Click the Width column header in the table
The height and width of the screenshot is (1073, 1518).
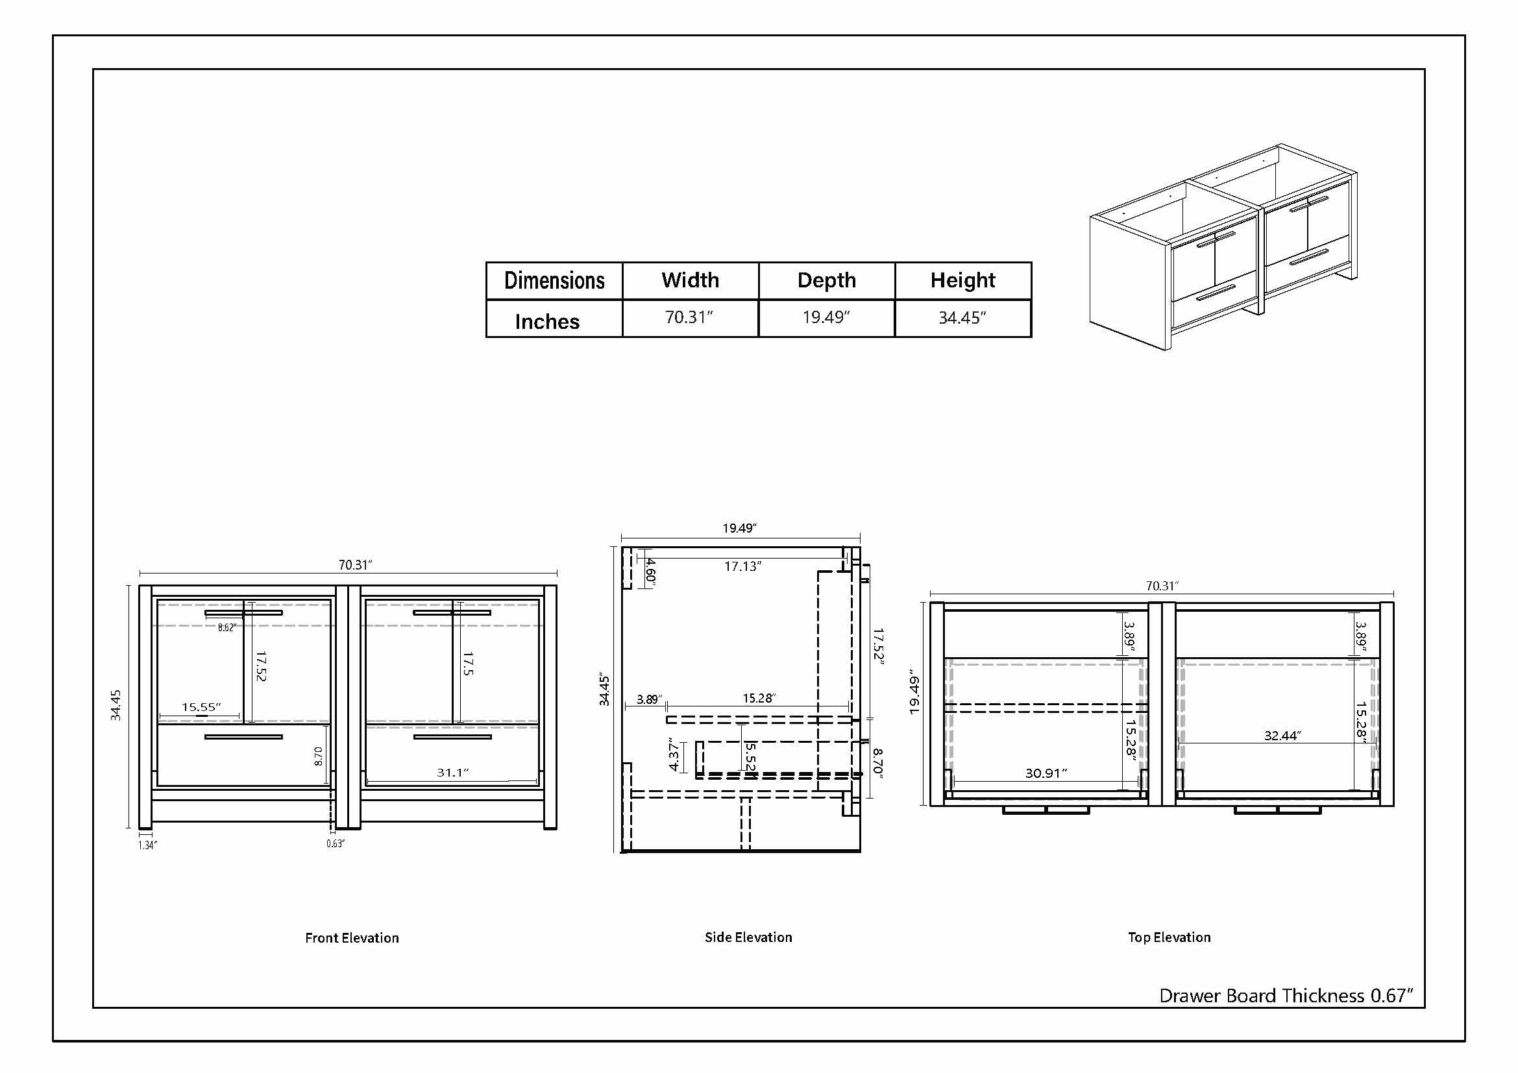[x=691, y=280]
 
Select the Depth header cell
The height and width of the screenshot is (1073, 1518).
[x=826, y=280]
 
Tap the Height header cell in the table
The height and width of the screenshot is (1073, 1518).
[x=962, y=280]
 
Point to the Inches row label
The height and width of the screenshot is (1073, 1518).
[x=548, y=322]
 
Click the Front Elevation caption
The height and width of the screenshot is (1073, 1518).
[x=352, y=937]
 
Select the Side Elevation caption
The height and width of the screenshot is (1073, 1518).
[x=748, y=937]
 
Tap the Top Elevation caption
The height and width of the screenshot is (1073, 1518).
[x=1169, y=937]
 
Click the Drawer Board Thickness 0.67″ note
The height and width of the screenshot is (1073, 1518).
[x=1286, y=996]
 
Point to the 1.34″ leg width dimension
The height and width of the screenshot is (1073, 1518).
[x=147, y=845]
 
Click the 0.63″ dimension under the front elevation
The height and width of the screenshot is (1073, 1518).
[x=335, y=844]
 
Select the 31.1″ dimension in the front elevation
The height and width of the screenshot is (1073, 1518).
[x=453, y=773]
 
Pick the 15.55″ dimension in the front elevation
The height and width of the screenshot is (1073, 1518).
[x=202, y=707]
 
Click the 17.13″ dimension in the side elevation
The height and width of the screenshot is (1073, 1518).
[x=742, y=566]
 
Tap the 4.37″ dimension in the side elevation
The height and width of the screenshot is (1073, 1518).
[x=674, y=754]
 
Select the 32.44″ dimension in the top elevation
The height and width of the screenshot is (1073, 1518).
[x=1282, y=736]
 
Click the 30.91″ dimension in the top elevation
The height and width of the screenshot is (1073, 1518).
[x=1047, y=773]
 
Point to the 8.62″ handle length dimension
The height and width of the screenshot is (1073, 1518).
[x=226, y=628]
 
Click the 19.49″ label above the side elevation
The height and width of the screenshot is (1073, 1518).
[x=739, y=528]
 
